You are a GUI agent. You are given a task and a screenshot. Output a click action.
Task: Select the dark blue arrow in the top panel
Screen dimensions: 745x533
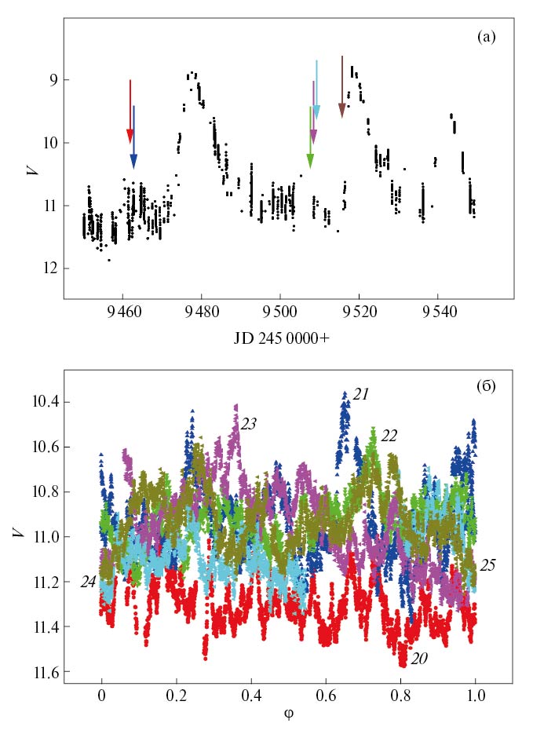click(133, 137)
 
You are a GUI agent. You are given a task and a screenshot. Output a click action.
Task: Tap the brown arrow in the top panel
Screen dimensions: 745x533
click(342, 86)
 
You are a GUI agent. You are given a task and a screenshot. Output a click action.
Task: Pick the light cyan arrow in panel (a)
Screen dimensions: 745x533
click(316, 90)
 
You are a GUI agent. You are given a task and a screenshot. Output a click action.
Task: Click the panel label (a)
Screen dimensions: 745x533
click(487, 37)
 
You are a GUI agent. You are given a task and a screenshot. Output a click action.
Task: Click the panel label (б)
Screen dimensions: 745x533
click(487, 386)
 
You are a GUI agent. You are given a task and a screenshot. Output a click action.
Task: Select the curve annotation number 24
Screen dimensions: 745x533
click(89, 582)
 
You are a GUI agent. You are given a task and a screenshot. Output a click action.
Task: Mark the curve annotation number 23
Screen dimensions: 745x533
click(249, 423)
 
